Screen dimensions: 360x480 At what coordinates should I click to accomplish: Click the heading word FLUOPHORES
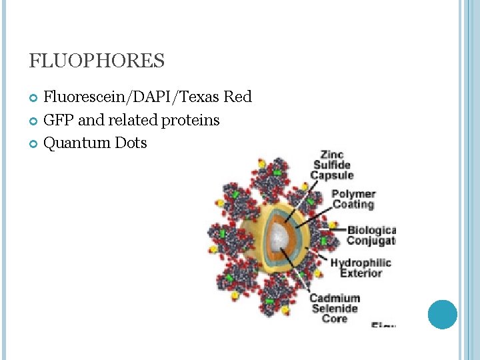pyautogui.click(x=97, y=61)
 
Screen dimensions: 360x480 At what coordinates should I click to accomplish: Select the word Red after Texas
pyautogui.click(x=238, y=97)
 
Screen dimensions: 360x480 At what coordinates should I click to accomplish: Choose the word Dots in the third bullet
pyautogui.click(x=131, y=143)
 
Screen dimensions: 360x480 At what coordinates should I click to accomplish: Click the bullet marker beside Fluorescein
pyautogui.click(x=35, y=99)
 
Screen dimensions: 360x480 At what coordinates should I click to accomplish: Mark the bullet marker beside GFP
pyautogui.click(x=35, y=121)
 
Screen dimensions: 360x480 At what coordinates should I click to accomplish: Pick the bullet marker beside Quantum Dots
pyautogui.click(x=35, y=144)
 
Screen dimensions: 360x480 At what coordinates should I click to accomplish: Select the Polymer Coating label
pyautogui.click(x=353, y=199)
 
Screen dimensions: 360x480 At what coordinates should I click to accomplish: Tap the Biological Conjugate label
pyautogui.click(x=371, y=235)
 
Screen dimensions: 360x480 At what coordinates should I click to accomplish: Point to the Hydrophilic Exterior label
pyautogui.click(x=361, y=267)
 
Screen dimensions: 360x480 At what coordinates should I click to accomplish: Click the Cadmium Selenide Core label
pyautogui.click(x=334, y=308)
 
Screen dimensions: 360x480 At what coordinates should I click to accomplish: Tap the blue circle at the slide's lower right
pyautogui.click(x=442, y=314)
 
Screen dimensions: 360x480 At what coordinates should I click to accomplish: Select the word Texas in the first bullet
pyautogui.click(x=199, y=97)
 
